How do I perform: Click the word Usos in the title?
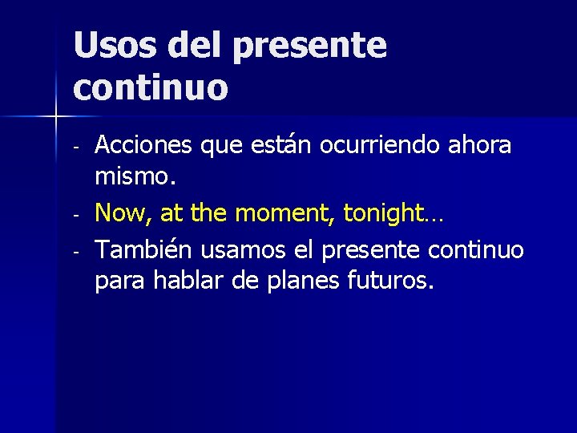pos(115,46)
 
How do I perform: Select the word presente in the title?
pos(309,46)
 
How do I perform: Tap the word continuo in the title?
pos(151,87)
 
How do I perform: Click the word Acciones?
pos(145,145)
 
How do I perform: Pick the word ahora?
pos(480,145)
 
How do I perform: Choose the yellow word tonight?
pos(384,213)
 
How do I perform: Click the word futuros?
pos(393,281)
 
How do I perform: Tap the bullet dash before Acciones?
pos(75,148)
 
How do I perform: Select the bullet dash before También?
pos(75,253)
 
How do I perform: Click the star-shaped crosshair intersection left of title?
pos(55,117)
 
